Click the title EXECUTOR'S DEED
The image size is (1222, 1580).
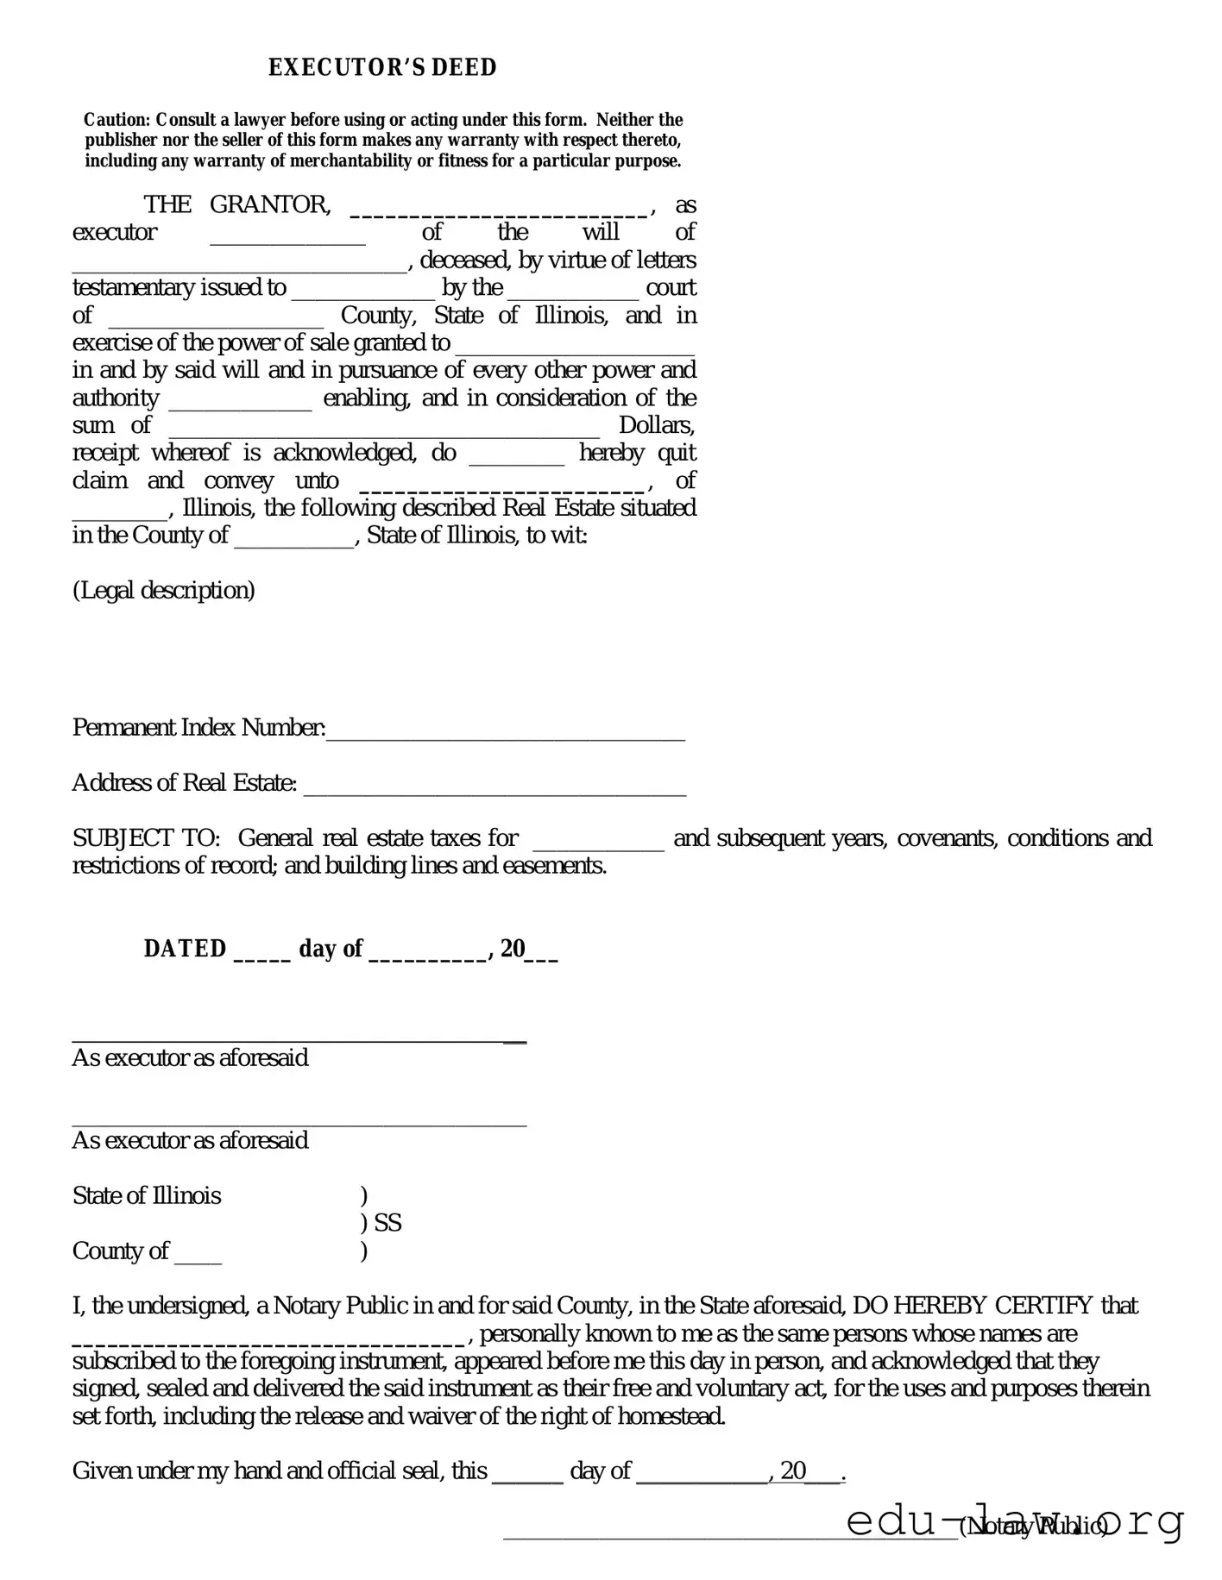point(382,67)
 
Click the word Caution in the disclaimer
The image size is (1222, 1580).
point(117,120)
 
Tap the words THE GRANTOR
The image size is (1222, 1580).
point(236,204)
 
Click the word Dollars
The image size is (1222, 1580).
point(657,425)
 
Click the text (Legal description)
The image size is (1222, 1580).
point(164,591)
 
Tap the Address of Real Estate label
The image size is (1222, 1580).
point(185,783)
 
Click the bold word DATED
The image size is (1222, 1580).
point(185,949)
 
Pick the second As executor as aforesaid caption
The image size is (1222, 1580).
point(190,1140)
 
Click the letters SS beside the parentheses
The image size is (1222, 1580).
point(387,1223)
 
